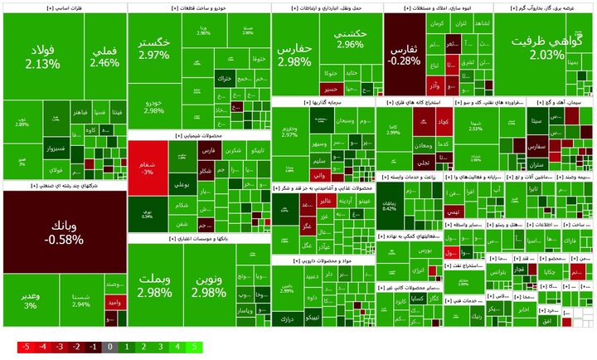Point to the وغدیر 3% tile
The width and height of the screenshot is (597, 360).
pos(30,300)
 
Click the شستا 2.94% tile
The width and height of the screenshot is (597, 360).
pos(81,300)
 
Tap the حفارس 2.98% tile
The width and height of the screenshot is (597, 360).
pos(294,54)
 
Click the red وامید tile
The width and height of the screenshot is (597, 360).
pos(113,306)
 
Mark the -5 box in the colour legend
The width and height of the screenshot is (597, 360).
pos(26,346)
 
